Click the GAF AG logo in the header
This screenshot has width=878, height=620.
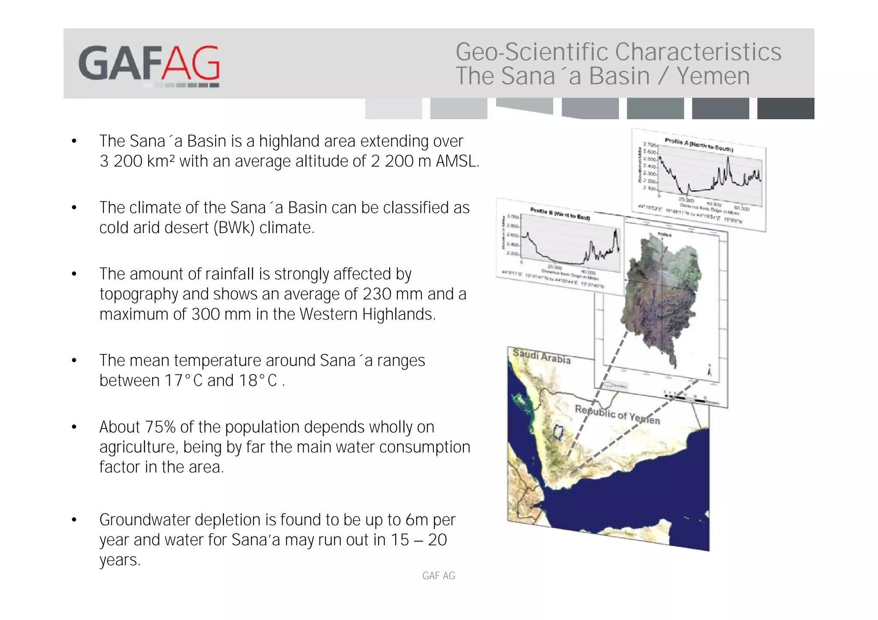point(149,64)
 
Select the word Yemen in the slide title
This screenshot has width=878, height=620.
point(713,76)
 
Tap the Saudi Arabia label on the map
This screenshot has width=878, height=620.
point(541,356)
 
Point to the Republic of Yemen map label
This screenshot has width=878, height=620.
point(617,414)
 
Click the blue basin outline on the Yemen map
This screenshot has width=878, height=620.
point(557,432)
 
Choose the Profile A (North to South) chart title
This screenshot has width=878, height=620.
point(698,144)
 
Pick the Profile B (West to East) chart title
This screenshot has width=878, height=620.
point(559,213)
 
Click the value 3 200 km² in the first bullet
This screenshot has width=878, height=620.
point(137,162)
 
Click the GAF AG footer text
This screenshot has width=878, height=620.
point(439,576)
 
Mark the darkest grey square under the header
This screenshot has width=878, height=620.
point(785,108)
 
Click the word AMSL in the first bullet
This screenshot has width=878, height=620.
point(457,162)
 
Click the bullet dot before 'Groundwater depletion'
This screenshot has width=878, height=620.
point(74,520)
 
